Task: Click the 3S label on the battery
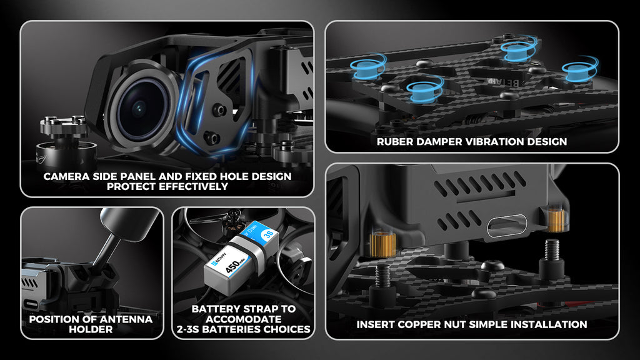(x=268, y=235)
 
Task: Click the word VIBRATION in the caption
(x=489, y=142)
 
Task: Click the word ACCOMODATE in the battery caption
(x=244, y=319)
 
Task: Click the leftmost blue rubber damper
(x=367, y=67)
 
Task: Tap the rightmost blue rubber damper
(x=579, y=69)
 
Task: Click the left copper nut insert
(x=382, y=244)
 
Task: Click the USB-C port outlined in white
(x=507, y=225)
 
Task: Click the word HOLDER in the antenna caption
(x=91, y=329)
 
